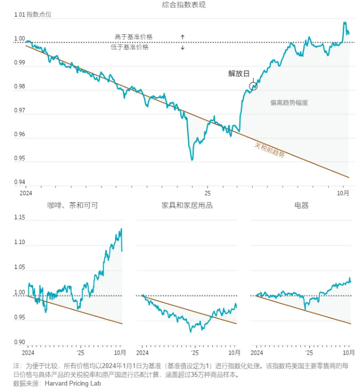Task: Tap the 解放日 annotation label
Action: click(x=239, y=73)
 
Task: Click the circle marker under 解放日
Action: click(x=253, y=86)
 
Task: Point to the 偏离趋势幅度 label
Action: click(x=289, y=103)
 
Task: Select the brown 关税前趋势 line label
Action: click(x=269, y=150)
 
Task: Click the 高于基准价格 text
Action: click(x=133, y=37)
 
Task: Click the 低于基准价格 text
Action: click(x=129, y=47)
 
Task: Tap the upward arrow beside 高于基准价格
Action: click(x=183, y=37)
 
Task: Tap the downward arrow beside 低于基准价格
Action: click(x=183, y=47)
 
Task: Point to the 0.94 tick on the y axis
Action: click(x=19, y=182)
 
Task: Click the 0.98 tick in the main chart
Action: click(x=19, y=87)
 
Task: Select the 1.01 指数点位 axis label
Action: click(x=33, y=15)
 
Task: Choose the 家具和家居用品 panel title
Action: click(x=187, y=206)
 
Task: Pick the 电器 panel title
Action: click(x=301, y=206)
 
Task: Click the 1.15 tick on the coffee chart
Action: click(x=19, y=218)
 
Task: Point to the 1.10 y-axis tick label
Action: click(x=19, y=242)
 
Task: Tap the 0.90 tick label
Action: click(x=19, y=342)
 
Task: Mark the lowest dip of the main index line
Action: click(x=192, y=159)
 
